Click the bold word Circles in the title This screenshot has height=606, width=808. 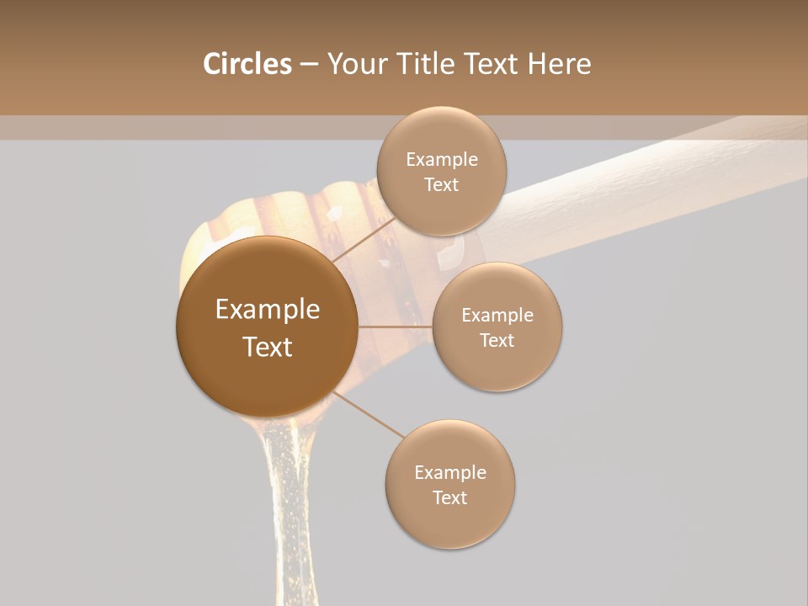[247, 64]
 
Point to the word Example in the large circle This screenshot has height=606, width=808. [268, 310]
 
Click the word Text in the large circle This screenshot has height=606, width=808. [268, 347]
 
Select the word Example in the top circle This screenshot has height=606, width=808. [442, 160]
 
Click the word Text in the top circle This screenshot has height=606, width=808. [441, 185]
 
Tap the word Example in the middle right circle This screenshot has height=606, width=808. [497, 316]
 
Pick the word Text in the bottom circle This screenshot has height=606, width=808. [449, 497]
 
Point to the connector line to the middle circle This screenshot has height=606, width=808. [395, 326]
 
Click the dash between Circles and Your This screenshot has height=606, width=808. [309, 65]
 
